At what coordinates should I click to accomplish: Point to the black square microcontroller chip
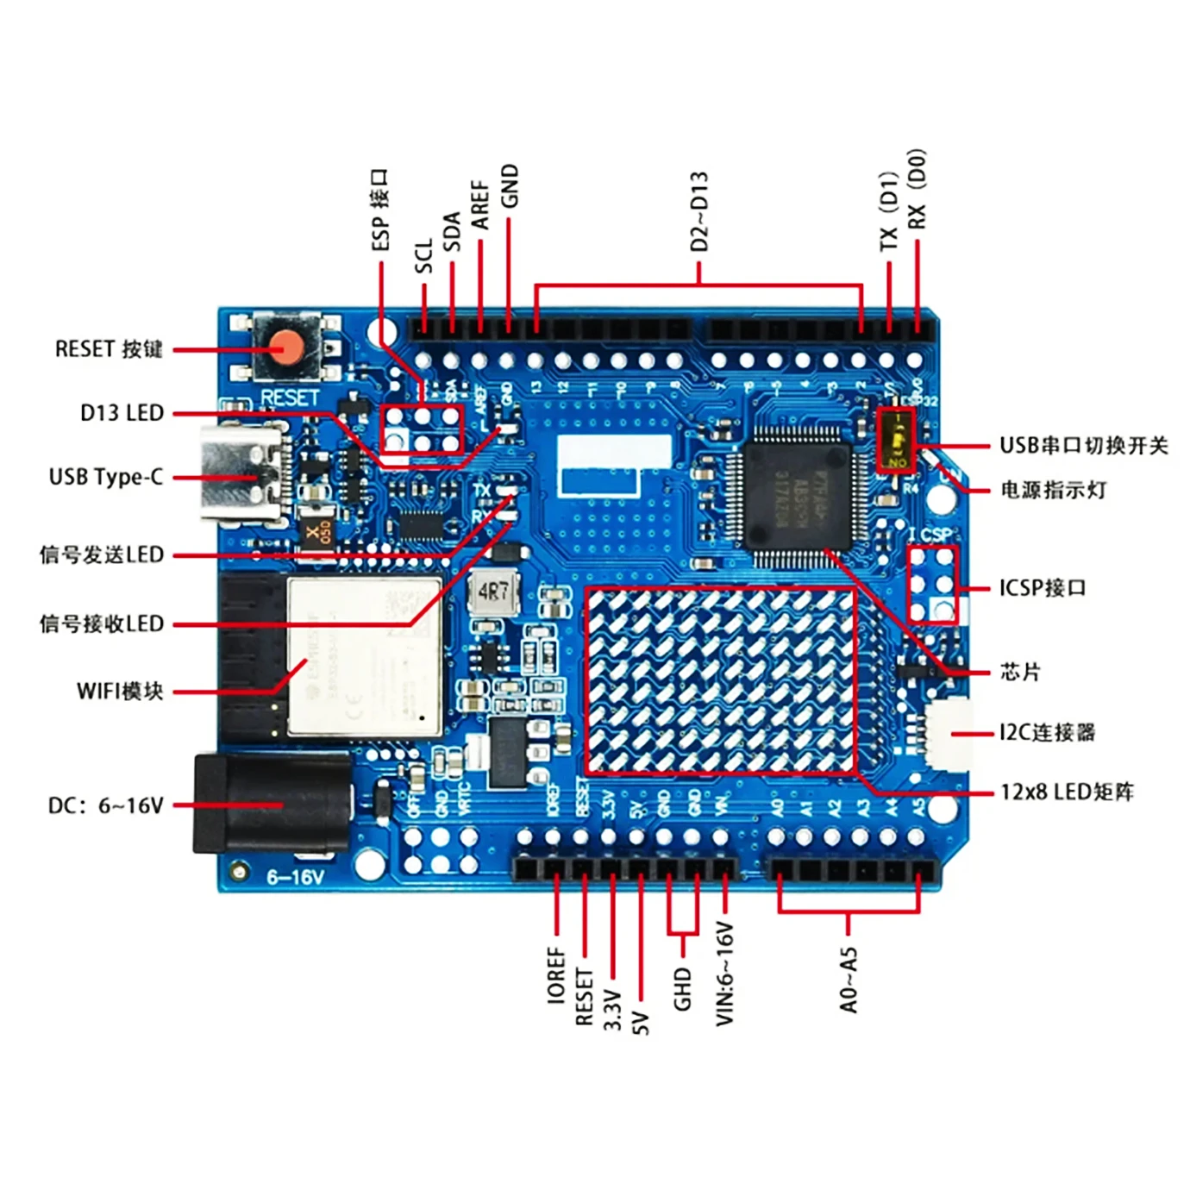(x=796, y=494)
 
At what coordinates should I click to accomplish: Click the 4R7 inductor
(x=493, y=592)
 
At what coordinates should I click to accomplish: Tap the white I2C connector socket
(x=949, y=734)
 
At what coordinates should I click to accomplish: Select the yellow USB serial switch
(x=897, y=439)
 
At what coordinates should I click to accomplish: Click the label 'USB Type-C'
(x=105, y=477)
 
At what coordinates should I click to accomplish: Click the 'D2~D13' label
(x=699, y=211)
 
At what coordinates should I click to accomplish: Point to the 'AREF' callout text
(x=480, y=204)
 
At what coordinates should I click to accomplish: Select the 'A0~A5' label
(x=849, y=980)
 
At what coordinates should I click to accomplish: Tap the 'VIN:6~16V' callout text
(x=724, y=974)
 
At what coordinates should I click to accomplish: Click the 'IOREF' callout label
(x=556, y=974)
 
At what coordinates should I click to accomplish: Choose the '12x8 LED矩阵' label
(x=1067, y=792)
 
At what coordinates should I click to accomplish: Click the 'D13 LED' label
(x=122, y=413)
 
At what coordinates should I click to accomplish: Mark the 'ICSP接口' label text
(x=1043, y=588)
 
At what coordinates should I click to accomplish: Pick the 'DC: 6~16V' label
(x=105, y=805)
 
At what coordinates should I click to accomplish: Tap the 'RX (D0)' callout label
(x=917, y=189)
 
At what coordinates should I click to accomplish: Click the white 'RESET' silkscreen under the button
(x=290, y=398)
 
